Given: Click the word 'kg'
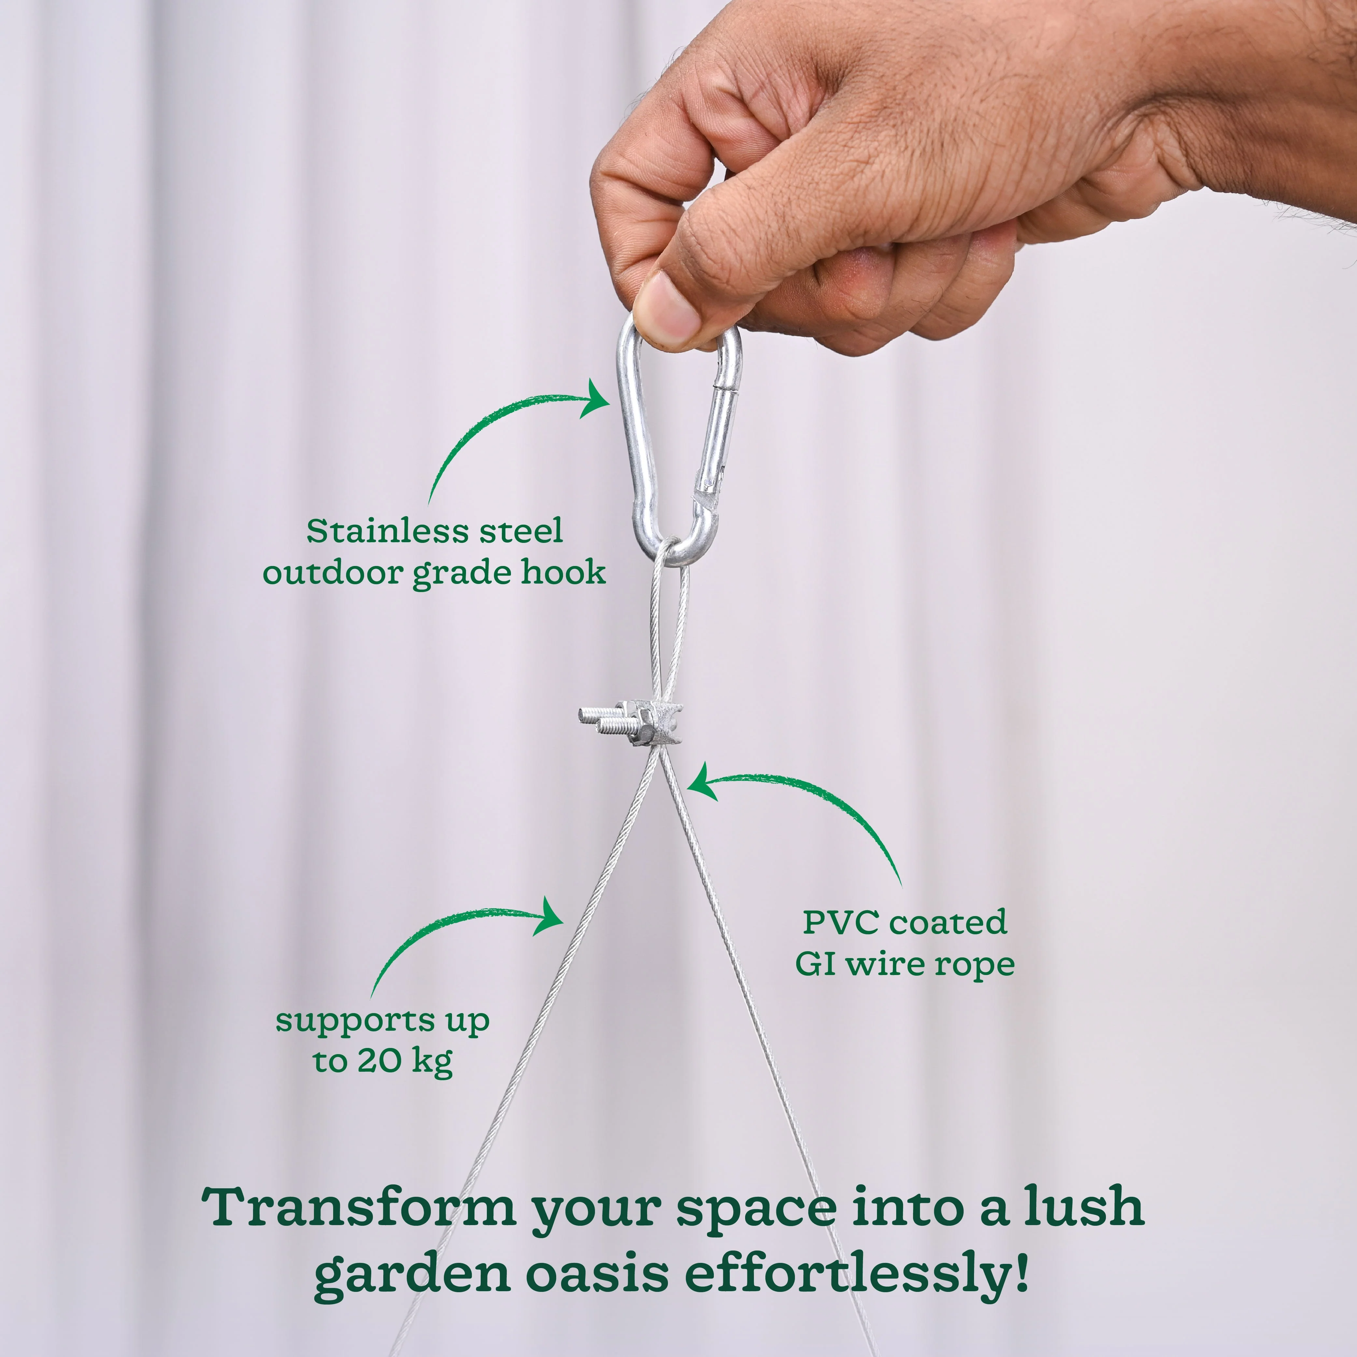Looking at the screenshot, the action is click(x=431, y=1062).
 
